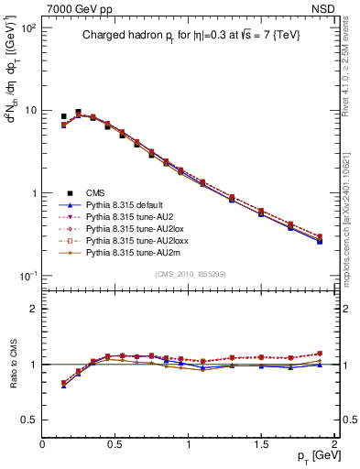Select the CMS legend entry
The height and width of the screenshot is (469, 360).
click(x=95, y=193)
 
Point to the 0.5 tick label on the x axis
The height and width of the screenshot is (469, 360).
click(x=115, y=442)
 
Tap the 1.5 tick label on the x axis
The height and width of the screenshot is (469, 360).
click(x=261, y=442)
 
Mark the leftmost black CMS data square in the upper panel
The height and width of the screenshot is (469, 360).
click(x=63, y=117)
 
